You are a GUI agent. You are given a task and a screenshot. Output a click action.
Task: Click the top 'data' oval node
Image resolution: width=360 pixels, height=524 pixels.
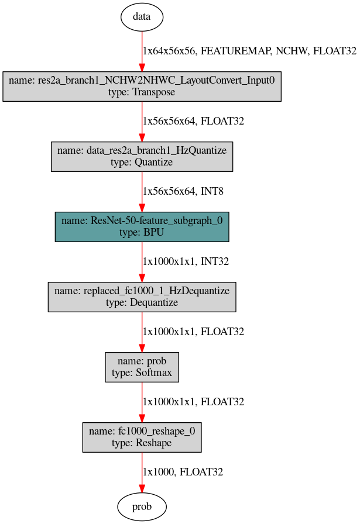coord(142,16)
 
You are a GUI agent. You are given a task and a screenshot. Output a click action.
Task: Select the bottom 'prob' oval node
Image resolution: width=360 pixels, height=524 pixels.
coord(142,507)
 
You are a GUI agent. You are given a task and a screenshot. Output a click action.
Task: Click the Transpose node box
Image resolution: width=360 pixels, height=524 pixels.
coord(142,87)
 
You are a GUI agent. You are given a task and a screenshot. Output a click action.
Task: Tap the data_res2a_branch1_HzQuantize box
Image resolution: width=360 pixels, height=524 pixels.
coord(142,156)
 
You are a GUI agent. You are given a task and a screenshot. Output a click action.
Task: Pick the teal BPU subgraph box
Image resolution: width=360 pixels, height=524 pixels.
coord(142,226)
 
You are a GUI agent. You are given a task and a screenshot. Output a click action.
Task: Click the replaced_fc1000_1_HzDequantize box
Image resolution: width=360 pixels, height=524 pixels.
coord(142,297)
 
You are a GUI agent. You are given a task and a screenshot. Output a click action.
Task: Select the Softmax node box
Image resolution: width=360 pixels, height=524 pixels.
coord(142,367)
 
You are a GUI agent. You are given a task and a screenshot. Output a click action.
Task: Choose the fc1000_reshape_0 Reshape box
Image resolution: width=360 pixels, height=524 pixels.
coord(142,437)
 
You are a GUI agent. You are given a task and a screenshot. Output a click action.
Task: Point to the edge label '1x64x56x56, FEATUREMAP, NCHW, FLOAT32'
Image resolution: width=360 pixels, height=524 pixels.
coord(249,51)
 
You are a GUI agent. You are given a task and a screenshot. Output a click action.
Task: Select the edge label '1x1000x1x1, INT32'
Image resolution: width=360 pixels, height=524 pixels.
coord(186,261)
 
